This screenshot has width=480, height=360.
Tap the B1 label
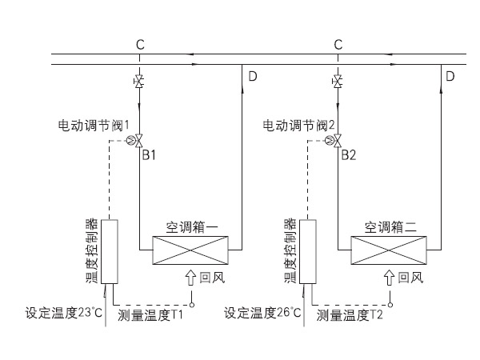(149, 154)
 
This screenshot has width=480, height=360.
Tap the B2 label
(348, 154)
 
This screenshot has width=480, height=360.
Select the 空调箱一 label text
(192, 227)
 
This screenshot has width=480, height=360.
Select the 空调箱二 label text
(392, 227)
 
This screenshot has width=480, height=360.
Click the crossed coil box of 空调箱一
(187, 250)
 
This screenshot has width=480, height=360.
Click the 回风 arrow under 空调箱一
(190, 278)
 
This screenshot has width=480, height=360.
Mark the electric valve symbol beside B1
(139, 141)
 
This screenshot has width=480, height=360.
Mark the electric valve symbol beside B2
(338, 141)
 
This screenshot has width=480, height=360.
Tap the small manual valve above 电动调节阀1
(139, 82)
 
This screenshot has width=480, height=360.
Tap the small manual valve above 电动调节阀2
(338, 82)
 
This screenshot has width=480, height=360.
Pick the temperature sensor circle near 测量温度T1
(192, 304)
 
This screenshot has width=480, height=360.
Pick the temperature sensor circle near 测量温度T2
(391, 304)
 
